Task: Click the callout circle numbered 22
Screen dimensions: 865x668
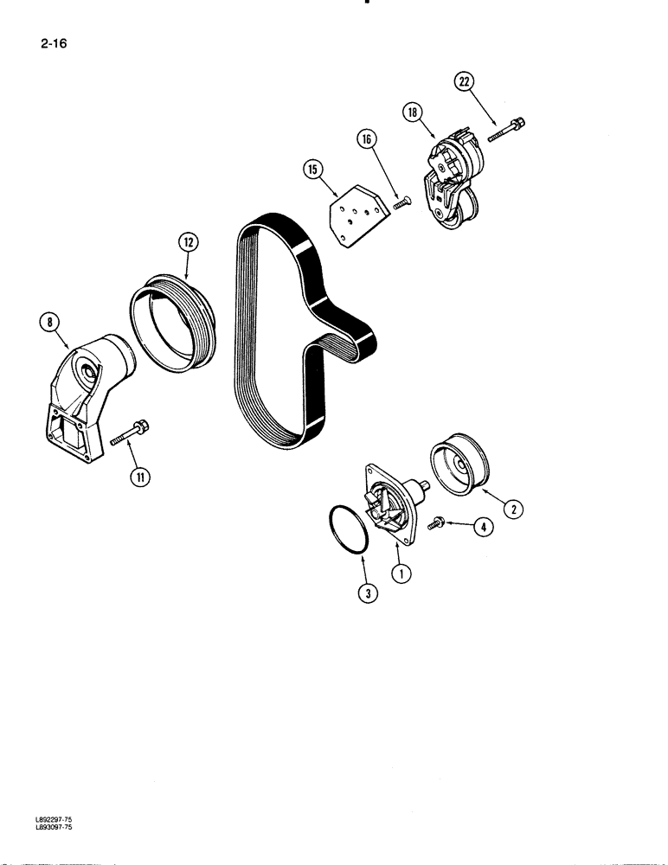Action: (465, 82)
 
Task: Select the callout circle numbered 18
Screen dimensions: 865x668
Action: (411, 112)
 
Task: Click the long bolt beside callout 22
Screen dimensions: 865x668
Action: (509, 128)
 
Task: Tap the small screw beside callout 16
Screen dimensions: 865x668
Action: (401, 202)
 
